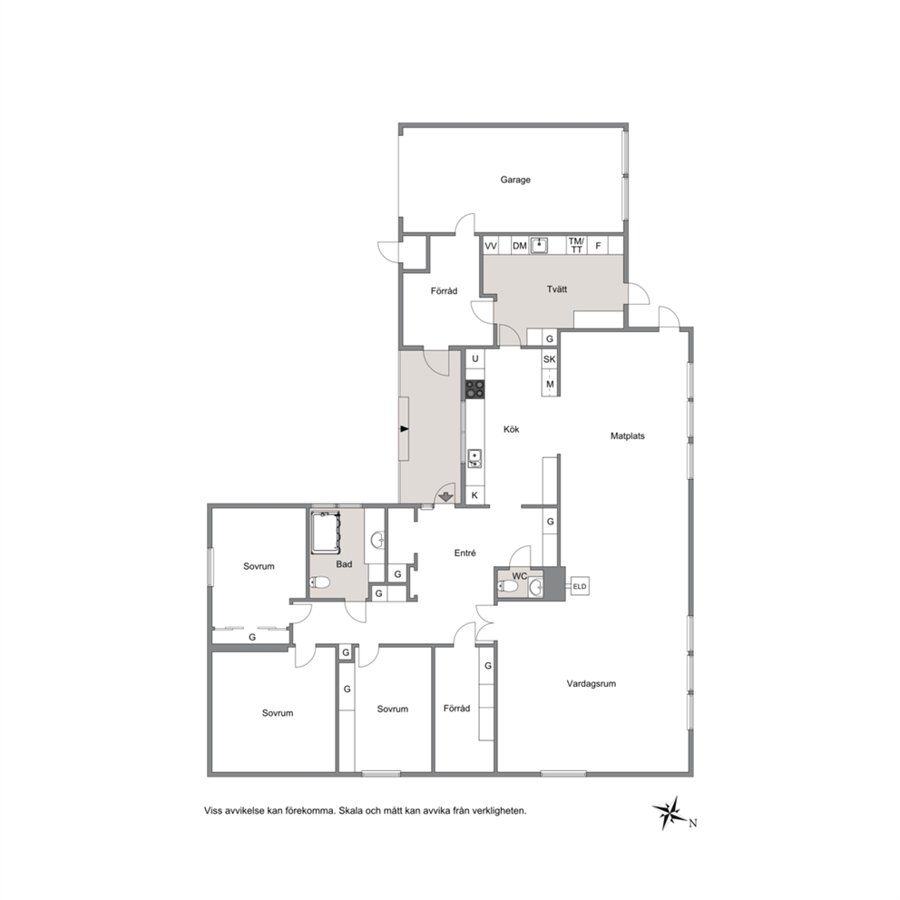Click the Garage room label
(514, 180)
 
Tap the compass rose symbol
(669, 812)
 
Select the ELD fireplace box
(579, 586)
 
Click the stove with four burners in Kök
(474, 388)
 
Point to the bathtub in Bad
(326, 532)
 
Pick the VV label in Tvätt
(491, 246)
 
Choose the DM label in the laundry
(520, 246)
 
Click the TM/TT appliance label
(576, 245)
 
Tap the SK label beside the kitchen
(549, 359)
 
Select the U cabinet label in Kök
(475, 358)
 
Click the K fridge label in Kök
(474, 494)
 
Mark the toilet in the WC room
(508, 586)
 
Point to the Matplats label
(627, 436)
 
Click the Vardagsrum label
(592, 683)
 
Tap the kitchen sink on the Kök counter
(474, 458)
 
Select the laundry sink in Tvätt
(539, 245)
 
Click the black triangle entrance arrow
(404, 429)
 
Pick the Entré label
(465, 553)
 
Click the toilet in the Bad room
(319, 582)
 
